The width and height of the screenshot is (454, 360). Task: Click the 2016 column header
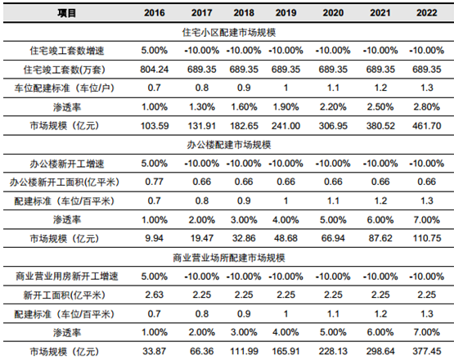[x=155, y=13]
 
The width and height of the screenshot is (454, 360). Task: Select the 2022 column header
[x=427, y=13]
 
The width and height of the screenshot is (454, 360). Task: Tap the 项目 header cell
[x=66, y=13]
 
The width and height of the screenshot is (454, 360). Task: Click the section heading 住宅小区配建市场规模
[x=229, y=32]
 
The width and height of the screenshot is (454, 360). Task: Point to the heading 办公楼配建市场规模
[x=229, y=145]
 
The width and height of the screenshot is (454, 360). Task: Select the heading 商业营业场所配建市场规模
[x=229, y=258]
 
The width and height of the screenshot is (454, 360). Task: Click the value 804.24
[x=155, y=70]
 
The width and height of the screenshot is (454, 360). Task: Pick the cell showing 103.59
[x=155, y=126]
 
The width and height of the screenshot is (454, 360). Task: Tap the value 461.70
[x=427, y=126]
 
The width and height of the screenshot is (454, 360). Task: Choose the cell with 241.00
[x=285, y=126]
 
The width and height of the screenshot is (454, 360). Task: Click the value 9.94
[x=155, y=238]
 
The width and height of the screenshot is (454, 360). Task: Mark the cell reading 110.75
[x=427, y=238]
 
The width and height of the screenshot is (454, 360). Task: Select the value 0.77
[x=155, y=182]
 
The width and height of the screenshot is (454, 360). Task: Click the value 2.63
[x=155, y=295]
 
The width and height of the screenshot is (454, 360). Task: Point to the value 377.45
[x=427, y=351]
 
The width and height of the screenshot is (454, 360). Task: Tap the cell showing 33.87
[x=155, y=351]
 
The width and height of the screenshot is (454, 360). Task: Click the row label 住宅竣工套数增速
[x=66, y=51]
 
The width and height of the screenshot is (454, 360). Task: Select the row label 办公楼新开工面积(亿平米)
[x=65, y=182]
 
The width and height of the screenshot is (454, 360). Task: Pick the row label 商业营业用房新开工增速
[x=66, y=277]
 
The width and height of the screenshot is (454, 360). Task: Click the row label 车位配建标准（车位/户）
[x=65, y=88]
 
